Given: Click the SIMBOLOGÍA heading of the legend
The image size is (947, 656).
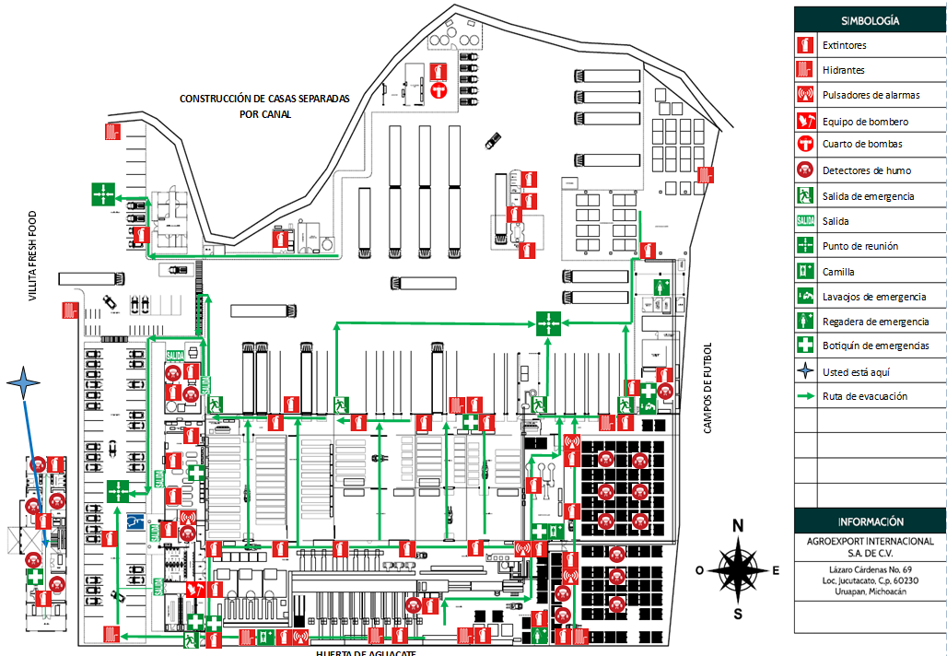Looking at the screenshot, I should (x=870, y=19).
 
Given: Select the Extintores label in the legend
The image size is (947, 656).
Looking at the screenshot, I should (x=844, y=45).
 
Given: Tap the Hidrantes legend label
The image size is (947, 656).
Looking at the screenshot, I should (x=843, y=70).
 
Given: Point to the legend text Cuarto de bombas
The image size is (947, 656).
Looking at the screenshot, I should (x=862, y=145).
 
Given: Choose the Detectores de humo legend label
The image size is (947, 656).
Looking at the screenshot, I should (x=865, y=170).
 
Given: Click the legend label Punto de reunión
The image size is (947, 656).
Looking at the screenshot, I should (x=859, y=247).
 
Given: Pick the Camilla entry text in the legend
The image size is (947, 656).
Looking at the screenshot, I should (x=838, y=272).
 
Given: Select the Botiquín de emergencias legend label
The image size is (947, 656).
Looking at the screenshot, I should (x=875, y=346).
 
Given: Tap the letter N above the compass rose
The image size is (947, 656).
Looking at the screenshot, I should (x=737, y=526).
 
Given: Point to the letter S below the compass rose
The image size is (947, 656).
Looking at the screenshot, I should (x=737, y=615).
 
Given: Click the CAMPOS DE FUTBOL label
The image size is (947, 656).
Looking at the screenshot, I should (x=708, y=388).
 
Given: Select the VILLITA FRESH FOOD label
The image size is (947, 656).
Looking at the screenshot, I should (x=31, y=257).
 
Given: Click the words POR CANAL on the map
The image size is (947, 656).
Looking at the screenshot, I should (x=264, y=114).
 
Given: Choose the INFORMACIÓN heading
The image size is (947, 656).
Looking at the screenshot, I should (x=870, y=521).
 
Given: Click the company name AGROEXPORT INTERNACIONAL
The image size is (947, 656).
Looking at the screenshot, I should (x=870, y=541).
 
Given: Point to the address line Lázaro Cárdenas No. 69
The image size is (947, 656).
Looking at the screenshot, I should (x=870, y=569).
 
